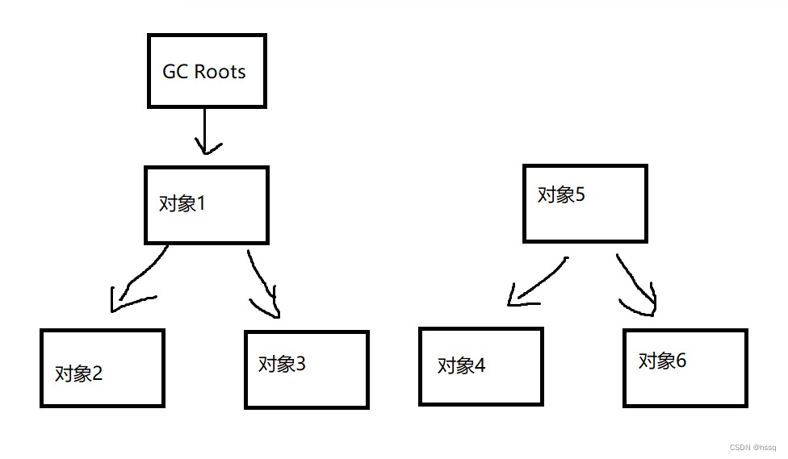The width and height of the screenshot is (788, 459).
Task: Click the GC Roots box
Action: tap(207, 71)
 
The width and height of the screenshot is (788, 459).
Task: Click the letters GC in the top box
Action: tap(175, 71)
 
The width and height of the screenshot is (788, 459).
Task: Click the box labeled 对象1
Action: tap(207, 205)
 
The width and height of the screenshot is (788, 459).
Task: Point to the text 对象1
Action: tap(182, 204)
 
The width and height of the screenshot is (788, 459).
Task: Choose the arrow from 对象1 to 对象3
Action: tap(263, 284)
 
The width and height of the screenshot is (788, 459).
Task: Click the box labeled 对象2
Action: tap(103, 368)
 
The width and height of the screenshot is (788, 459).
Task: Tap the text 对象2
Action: tap(79, 373)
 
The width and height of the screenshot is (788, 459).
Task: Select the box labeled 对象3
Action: tap(307, 369)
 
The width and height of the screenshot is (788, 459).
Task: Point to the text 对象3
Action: tap(282, 365)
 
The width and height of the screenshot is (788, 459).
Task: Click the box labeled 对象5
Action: tap(585, 203)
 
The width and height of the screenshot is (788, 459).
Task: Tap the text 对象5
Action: tap(561, 194)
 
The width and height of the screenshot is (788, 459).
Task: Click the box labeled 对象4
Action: tap(480, 366)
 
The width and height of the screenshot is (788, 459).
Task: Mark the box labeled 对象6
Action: tap(685, 367)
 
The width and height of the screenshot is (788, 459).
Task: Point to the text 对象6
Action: tap(662, 361)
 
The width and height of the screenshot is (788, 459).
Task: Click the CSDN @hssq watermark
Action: tap(752, 448)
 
